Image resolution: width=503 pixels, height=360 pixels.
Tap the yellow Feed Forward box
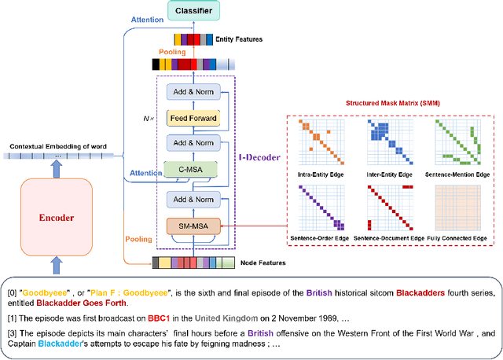192,117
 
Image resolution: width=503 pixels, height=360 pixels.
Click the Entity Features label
240,39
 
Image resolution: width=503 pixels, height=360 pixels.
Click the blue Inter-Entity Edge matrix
388,141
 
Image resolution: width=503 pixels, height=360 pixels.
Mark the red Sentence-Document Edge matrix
388,208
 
